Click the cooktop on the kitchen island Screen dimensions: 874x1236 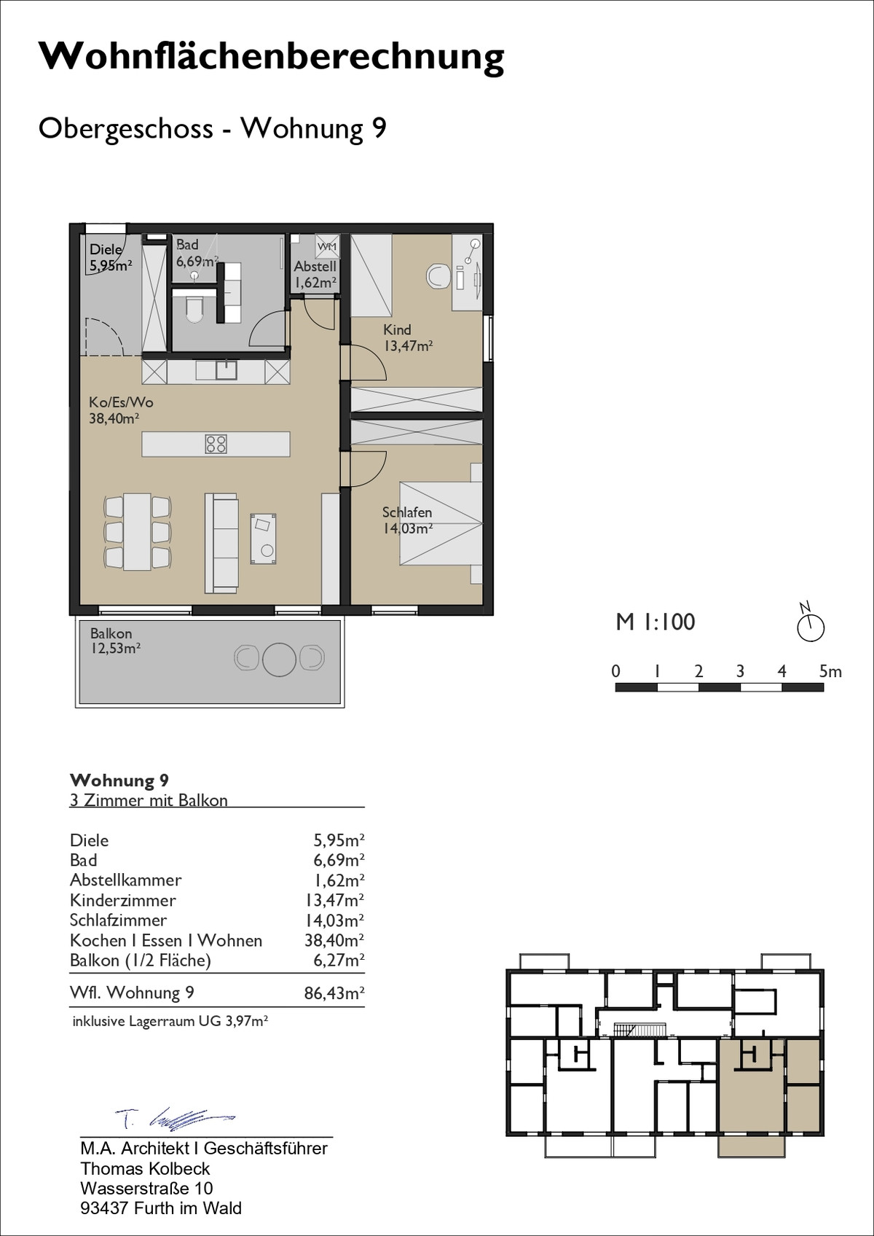click(x=216, y=445)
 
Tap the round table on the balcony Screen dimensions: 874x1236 click(x=279, y=660)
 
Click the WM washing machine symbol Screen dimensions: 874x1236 click(x=328, y=246)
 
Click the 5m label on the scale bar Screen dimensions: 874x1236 click(x=830, y=671)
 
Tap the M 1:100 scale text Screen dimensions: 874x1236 click(x=655, y=622)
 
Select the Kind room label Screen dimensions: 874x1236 click(x=397, y=330)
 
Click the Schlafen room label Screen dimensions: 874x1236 click(x=407, y=512)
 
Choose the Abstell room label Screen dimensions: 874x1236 click(x=315, y=267)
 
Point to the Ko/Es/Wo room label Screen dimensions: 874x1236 click(x=121, y=402)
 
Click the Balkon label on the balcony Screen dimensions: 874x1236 click(x=111, y=633)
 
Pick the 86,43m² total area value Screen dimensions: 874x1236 click(x=334, y=993)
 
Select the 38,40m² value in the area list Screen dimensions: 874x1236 click(x=334, y=940)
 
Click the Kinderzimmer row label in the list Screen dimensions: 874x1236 click(x=122, y=901)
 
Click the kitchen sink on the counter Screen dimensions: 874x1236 click(x=224, y=370)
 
